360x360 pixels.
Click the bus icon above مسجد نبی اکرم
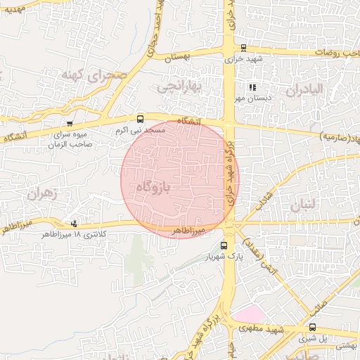point(140,118)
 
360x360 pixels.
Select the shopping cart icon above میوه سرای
point(69,122)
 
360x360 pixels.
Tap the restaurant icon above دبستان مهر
point(252,88)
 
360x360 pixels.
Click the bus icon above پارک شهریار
point(224,245)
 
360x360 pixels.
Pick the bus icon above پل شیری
point(313,327)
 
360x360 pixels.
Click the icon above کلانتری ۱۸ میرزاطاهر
point(75,224)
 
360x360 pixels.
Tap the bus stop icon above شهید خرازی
point(243,49)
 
